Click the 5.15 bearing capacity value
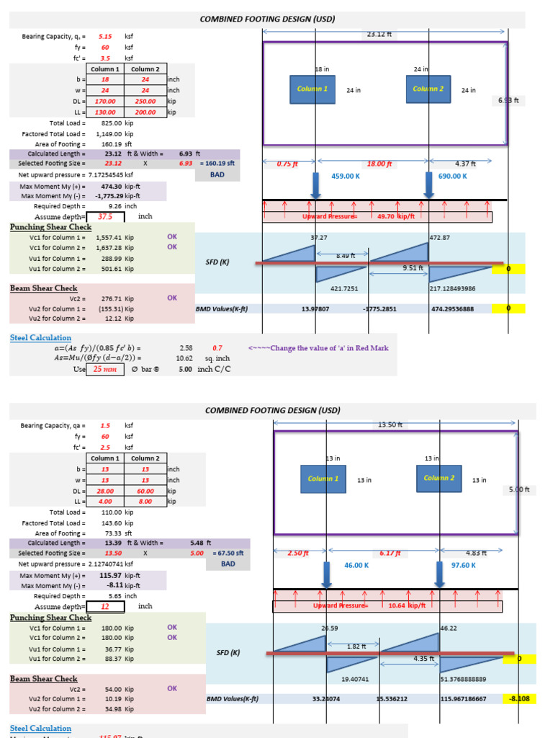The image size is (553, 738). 105,36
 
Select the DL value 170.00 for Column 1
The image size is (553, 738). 104,102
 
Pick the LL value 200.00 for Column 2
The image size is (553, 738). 145,112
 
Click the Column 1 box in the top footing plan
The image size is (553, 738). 312,89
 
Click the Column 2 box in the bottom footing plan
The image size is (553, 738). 439,479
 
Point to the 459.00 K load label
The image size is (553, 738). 345,176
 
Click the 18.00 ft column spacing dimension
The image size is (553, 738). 379,164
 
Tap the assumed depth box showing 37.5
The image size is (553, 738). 105,216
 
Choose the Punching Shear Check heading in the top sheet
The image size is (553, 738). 50,227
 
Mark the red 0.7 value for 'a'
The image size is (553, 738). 217,348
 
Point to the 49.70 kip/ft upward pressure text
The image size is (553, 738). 387,216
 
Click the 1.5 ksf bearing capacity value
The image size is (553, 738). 105,426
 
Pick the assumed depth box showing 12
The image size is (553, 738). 105,606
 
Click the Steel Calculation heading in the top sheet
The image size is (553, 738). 40,337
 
